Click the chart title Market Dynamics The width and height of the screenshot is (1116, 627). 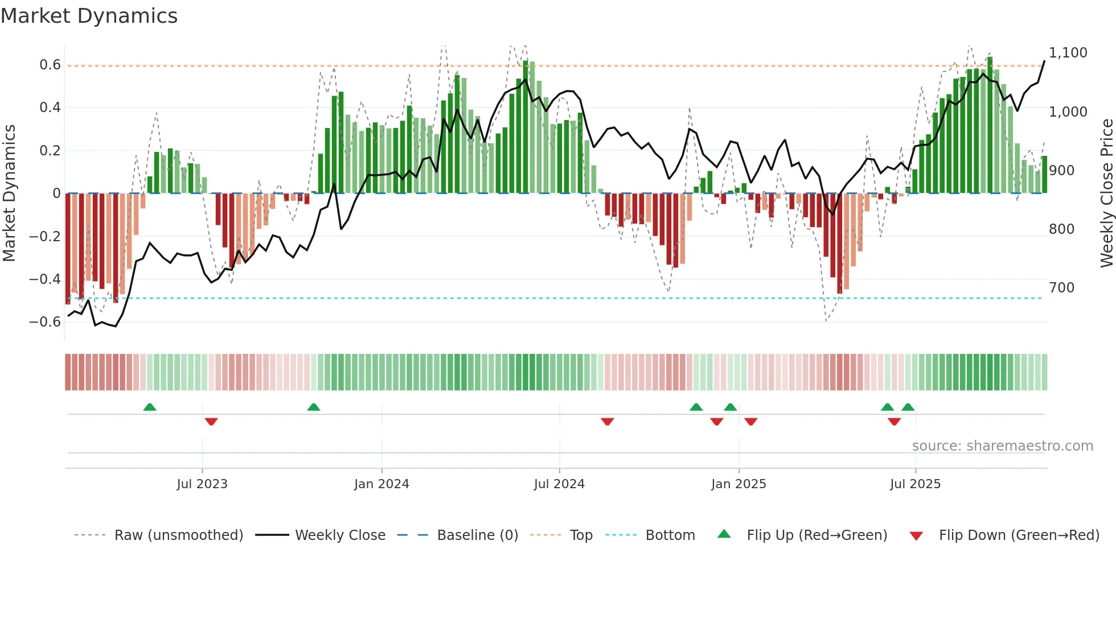tap(89, 16)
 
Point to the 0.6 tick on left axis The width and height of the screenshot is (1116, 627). tap(50, 65)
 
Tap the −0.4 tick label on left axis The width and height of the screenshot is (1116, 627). tap(45, 279)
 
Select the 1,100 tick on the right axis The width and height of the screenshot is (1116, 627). tap(1068, 53)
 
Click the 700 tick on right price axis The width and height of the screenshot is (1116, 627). tap(1061, 288)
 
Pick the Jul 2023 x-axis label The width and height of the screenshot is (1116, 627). tap(202, 484)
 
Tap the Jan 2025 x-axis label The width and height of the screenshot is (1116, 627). tap(738, 484)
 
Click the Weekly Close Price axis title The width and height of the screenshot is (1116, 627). tap(1106, 193)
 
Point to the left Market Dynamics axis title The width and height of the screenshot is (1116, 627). tap(9, 193)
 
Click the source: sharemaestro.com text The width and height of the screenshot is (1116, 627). tap(1002, 446)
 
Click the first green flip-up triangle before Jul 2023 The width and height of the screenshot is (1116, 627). tap(150, 407)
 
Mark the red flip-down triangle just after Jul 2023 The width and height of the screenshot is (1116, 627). tap(211, 422)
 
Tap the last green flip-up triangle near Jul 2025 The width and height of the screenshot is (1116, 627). tap(908, 407)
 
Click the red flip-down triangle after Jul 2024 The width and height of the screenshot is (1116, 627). tap(608, 422)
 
